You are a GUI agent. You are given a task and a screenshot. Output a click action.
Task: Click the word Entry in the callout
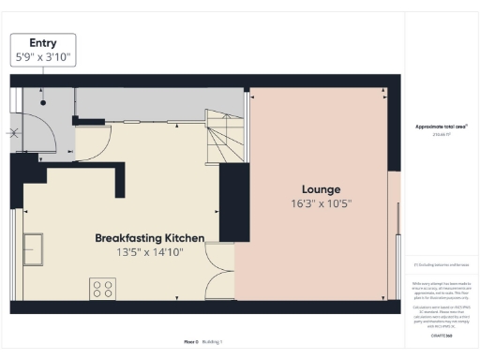tap(43, 43)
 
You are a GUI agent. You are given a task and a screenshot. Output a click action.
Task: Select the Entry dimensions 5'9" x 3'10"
tap(43, 57)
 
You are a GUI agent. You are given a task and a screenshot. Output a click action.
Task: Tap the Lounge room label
tap(321, 188)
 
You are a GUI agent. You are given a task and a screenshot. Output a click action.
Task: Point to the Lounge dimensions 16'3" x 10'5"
tap(321, 203)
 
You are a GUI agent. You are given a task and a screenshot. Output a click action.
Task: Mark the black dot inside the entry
tap(43, 102)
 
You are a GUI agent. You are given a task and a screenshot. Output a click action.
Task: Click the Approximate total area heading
tap(441, 126)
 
